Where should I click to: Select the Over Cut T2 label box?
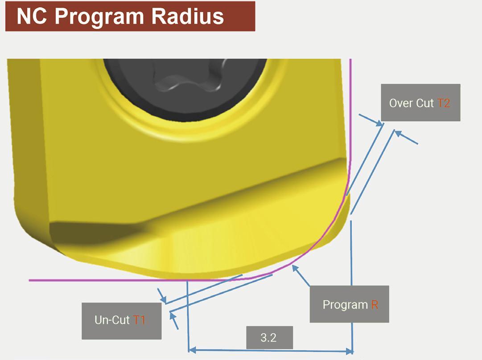coord(420,102)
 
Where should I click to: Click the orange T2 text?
coord(444,103)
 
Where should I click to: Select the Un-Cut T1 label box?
coord(121,320)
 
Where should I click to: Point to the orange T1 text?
coord(139,320)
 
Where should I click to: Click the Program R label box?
coord(349,304)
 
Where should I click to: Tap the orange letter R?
coord(374,305)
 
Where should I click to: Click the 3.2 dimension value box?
coord(269,337)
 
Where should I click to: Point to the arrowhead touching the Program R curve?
coord(294,267)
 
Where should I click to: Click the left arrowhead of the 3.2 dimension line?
coord(192,351)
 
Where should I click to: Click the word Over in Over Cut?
coord(400,103)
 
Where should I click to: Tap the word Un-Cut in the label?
coord(112,320)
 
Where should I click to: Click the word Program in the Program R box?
coord(345,305)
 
